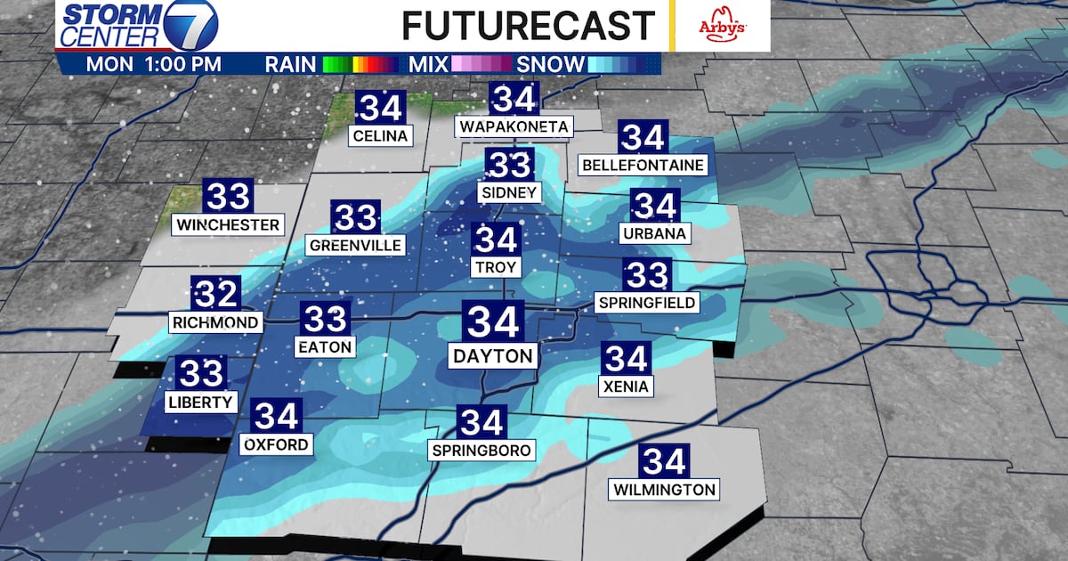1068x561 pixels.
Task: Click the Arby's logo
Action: (720, 25)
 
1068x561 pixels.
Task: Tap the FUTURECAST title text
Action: (528, 26)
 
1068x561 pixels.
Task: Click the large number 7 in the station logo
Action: (191, 26)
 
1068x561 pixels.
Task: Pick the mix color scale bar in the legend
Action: (481, 64)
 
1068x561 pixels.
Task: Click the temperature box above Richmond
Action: (216, 294)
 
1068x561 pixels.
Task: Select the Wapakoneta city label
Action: (514, 127)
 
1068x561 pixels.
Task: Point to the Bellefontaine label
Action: (643, 166)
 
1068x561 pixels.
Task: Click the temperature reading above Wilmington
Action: (664, 462)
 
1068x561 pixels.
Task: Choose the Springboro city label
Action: (481, 450)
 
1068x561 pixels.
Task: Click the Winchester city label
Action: (228, 224)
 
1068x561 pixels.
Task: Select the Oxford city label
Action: (278, 443)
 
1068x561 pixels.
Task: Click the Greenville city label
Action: (355, 245)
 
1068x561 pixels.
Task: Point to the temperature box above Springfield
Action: (647, 275)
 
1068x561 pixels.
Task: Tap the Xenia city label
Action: (626, 386)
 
